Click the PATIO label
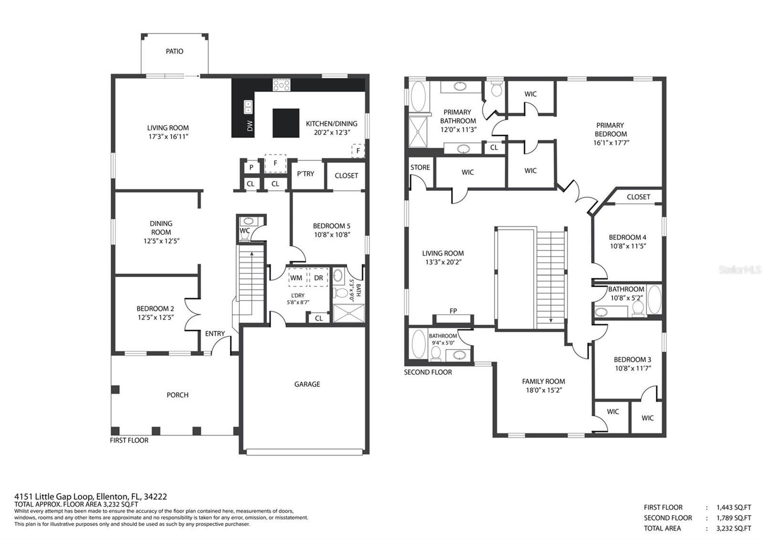point(175,52)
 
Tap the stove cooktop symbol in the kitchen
point(281,84)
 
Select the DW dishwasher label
point(250,126)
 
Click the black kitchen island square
point(286,123)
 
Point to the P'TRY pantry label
point(306,174)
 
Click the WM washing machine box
point(296,277)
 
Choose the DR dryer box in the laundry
point(319,277)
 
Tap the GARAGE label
point(307,384)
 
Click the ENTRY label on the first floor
point(215,333)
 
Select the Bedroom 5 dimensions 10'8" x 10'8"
point(332,235)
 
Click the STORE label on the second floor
point(420,167)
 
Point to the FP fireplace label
point(453,311)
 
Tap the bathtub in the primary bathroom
point(418,96)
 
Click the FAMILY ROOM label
point(544,382)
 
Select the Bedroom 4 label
point(628,238)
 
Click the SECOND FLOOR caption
point(428,373)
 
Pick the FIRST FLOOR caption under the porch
point(129,441)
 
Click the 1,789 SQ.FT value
point(734,518)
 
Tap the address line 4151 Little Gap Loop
point(91,497)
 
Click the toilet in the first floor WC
point(245,236)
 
